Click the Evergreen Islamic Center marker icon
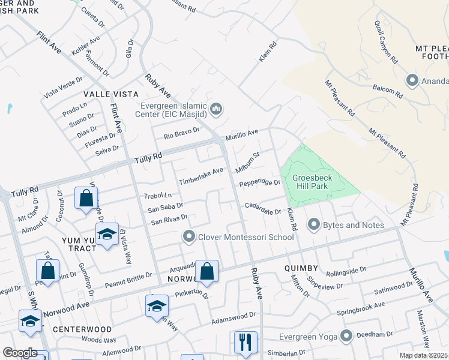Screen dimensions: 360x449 (x=217, y=109)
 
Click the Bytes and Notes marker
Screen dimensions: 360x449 (x=313, y=225)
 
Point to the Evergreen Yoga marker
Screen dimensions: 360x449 (x=346, y=335)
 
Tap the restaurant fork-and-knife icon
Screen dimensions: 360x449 (x=246, y=342)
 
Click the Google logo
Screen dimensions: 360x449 (x=20, y=353)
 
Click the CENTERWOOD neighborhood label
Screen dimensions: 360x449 (x=82, y=329)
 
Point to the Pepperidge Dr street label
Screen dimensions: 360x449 (x=260, y=183)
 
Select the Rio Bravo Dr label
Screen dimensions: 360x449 (x=182, y=133)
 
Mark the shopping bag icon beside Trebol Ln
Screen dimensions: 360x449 (x=86, y=197)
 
